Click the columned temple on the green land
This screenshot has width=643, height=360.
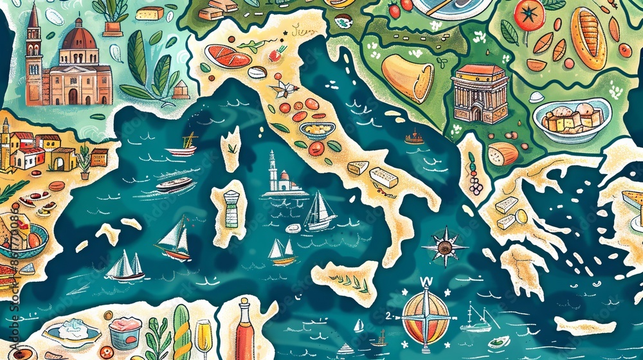(x=480, y=93)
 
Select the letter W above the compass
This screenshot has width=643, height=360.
(x=424, y=282)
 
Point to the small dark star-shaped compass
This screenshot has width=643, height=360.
(x=444, y=246)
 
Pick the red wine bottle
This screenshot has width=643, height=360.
(x=245, y=331)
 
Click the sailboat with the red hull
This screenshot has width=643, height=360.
(x=174, y=241)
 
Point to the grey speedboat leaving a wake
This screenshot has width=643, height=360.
(x=174, y=185)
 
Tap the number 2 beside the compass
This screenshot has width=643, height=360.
(x=389, y=315)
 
